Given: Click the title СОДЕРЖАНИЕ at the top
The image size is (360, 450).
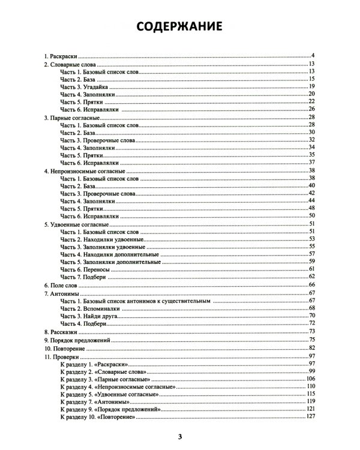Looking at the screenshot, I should click(179, 27).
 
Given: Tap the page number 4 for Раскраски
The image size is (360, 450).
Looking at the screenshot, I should click(313, 56).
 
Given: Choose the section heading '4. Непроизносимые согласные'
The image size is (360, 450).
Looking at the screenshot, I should click(82, 172).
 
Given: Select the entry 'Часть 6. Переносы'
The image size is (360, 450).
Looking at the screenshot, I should click(85, 269).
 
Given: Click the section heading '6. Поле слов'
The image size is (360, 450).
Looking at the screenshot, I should click(64, 285).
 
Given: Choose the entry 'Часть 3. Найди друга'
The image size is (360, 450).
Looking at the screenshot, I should click(89, 316).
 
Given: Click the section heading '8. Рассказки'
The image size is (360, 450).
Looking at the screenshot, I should click(63, 332).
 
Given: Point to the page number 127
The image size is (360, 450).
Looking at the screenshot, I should click(310, 416).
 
